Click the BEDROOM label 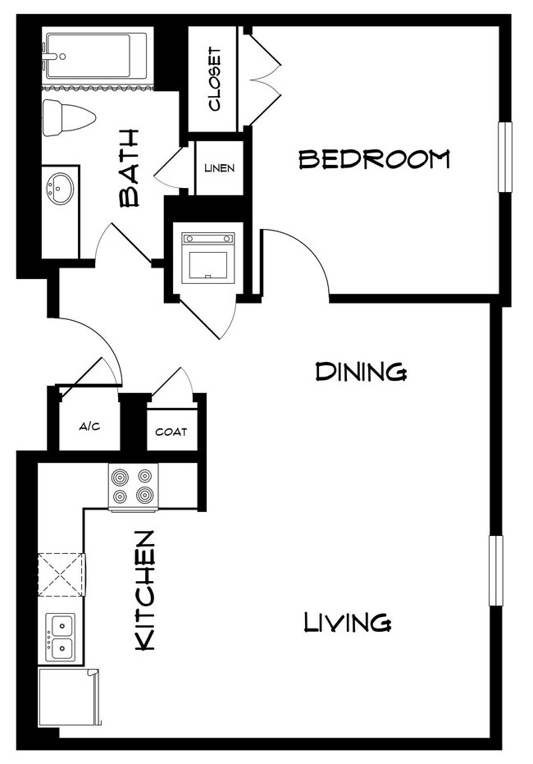(x=374, y=158)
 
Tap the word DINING (x=361, y=372)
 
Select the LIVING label (x=347, y=622)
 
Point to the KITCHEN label (x=144, y=591)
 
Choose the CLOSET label (x=214, y=79)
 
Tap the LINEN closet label (x=219, y=168)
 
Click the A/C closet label (x=89, y=427)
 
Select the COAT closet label (x=171, y=432)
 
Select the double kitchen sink (x=60, y=637)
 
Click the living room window (x=495, y=570)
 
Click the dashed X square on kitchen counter (x=60, y=574)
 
